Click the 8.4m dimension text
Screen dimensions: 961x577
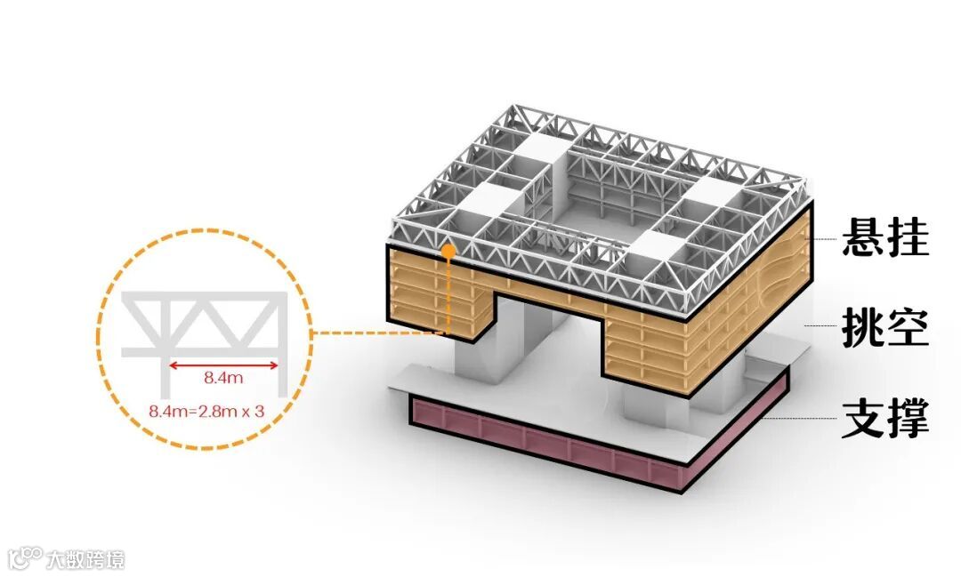[x=223, y=379]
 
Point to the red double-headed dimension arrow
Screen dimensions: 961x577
[x=223, y=363]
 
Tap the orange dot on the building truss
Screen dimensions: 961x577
[x=449, y=252]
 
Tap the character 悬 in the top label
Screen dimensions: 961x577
[x=863, y=238]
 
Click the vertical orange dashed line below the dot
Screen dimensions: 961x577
[x=449, y=293]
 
